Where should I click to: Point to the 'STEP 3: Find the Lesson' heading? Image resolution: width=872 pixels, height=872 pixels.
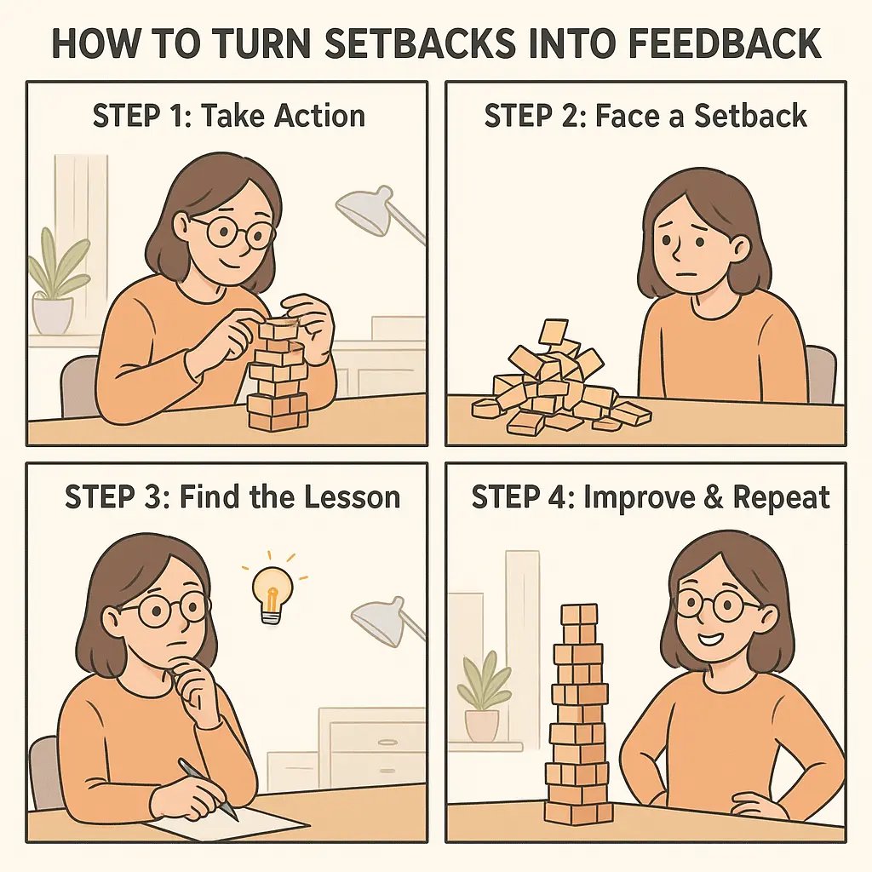point(232,496)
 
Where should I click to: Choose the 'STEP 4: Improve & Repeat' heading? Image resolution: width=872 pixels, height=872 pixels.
point(651,496)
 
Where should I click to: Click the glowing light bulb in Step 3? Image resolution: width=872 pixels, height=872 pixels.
point(272,590)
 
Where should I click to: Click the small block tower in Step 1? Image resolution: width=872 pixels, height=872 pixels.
point(277,375)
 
